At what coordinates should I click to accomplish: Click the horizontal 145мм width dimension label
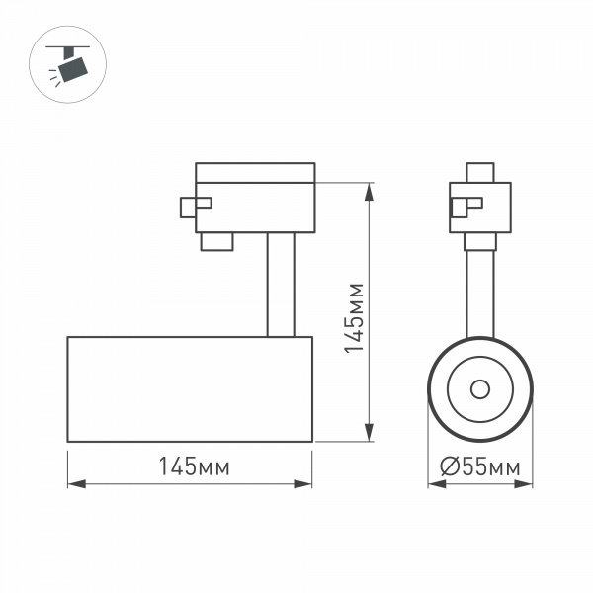(x=190, y=467)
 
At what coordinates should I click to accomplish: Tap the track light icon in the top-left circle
(x=70, y=66)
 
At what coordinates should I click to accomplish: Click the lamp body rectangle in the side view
(x=190, y=388)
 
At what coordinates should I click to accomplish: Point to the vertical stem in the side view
(x=279, y=285)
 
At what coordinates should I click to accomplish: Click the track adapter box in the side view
(x=255, y=207)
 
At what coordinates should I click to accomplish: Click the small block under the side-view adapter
(x=215, y=241)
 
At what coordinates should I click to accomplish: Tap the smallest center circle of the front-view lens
(x=480, y=388)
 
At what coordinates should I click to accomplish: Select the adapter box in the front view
(x=481, y=207)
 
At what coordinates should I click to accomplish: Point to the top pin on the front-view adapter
(x=481, y=172)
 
